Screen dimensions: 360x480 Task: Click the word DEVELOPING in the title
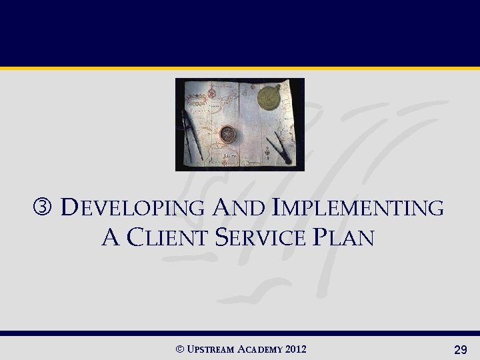[132, 208]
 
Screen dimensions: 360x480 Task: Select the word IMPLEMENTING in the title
[359, 208]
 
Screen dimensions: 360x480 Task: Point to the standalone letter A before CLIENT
[110, 237]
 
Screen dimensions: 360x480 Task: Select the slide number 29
[459, 349]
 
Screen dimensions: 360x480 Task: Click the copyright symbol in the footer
[178, 349]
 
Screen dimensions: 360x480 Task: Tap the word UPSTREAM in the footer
[211, 349]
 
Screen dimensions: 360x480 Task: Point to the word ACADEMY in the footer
[263, 349]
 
